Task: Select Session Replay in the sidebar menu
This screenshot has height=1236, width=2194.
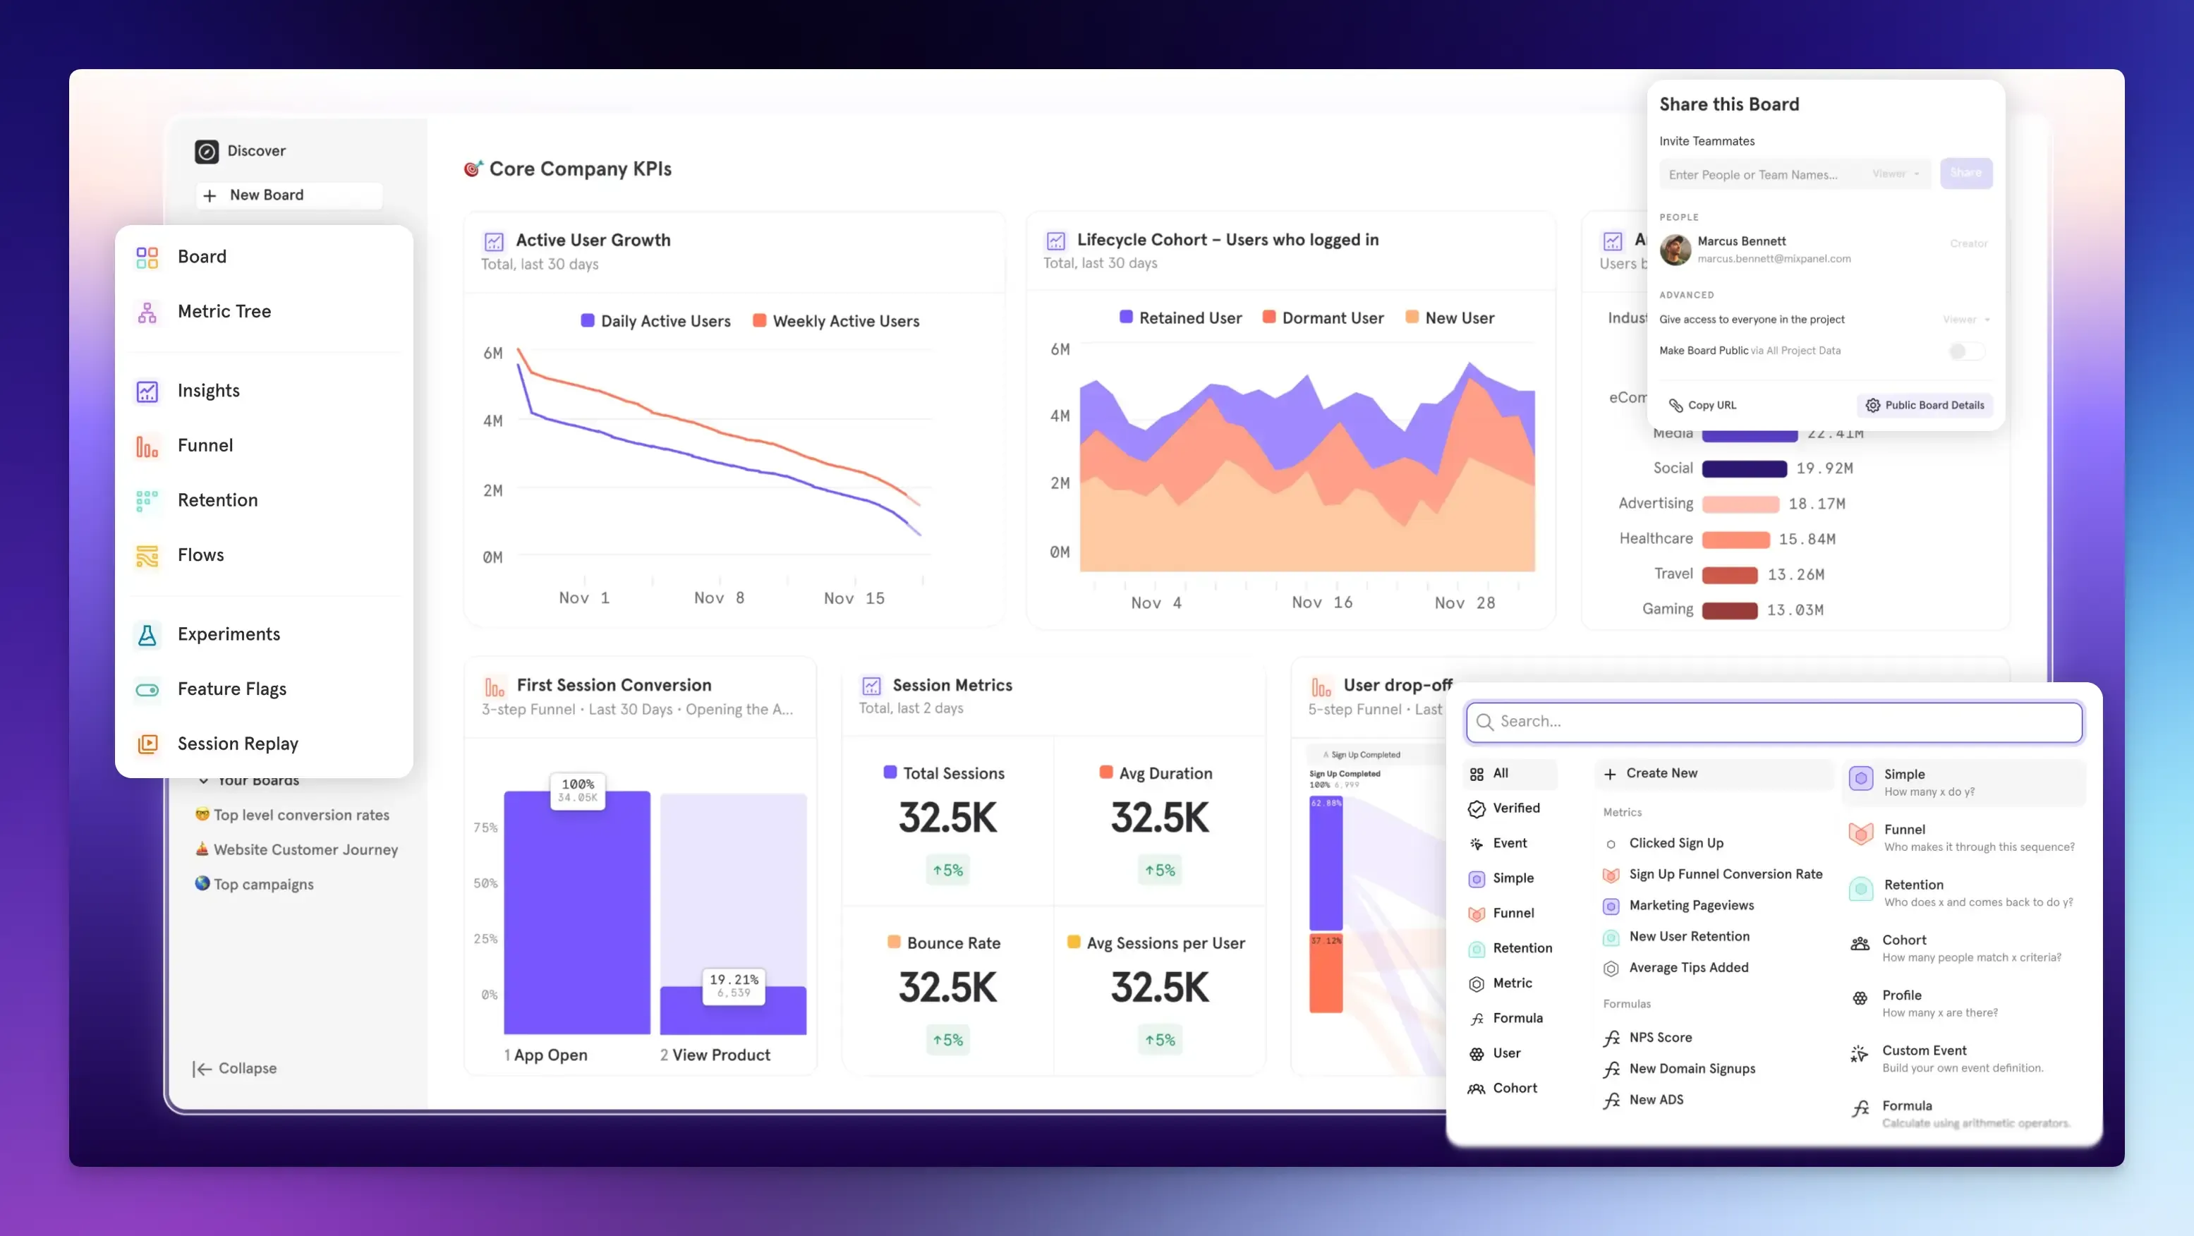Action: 237,744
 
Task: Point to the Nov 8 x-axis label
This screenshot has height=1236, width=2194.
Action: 719,598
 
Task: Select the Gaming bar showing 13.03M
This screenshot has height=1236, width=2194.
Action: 1729,610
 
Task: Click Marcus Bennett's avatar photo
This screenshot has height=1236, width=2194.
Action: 1675,250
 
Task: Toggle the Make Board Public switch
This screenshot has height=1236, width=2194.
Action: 1965,351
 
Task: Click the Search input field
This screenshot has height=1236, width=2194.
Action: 1774,722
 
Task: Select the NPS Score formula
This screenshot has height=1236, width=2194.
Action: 1659,1038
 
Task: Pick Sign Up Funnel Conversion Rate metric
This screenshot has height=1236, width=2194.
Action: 1725,874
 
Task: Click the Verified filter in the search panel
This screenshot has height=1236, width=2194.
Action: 1515,808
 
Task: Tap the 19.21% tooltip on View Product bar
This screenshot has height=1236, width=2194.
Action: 732,985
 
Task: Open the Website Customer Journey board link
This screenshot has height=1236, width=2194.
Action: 305,849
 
